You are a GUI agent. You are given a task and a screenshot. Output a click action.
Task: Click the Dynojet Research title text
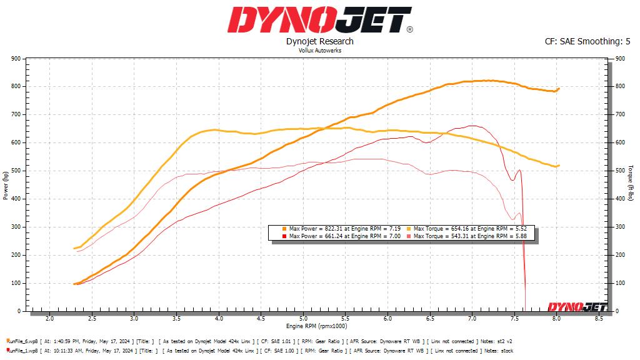(319, 41)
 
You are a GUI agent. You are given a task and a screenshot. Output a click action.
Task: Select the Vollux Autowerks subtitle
(319, 51)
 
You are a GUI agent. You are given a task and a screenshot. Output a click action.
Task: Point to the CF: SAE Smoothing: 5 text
(587, 41)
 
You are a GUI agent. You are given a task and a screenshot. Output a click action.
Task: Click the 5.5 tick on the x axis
(346, 319)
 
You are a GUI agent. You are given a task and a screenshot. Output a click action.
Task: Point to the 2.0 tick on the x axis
(50, 319)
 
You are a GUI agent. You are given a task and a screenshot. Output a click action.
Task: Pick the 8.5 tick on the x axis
(599, 319)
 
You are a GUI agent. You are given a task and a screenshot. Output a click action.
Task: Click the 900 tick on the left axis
(16, 59)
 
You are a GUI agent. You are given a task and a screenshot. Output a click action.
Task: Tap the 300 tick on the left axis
(16, 227)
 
